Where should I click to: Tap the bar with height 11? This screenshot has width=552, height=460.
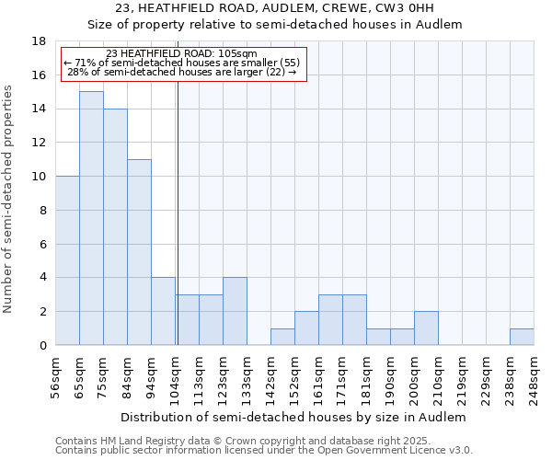coord(139,252)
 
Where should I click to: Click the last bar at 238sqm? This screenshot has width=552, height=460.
coord(522,337)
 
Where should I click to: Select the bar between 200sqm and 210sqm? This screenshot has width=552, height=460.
coord(426,328)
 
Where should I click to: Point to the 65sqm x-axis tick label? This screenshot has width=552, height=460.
coord(81,376)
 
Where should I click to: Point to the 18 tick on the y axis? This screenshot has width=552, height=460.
coord(40,41)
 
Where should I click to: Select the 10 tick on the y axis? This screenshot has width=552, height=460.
coord(40,177)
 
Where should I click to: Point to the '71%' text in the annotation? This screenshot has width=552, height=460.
coord(83,63)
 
